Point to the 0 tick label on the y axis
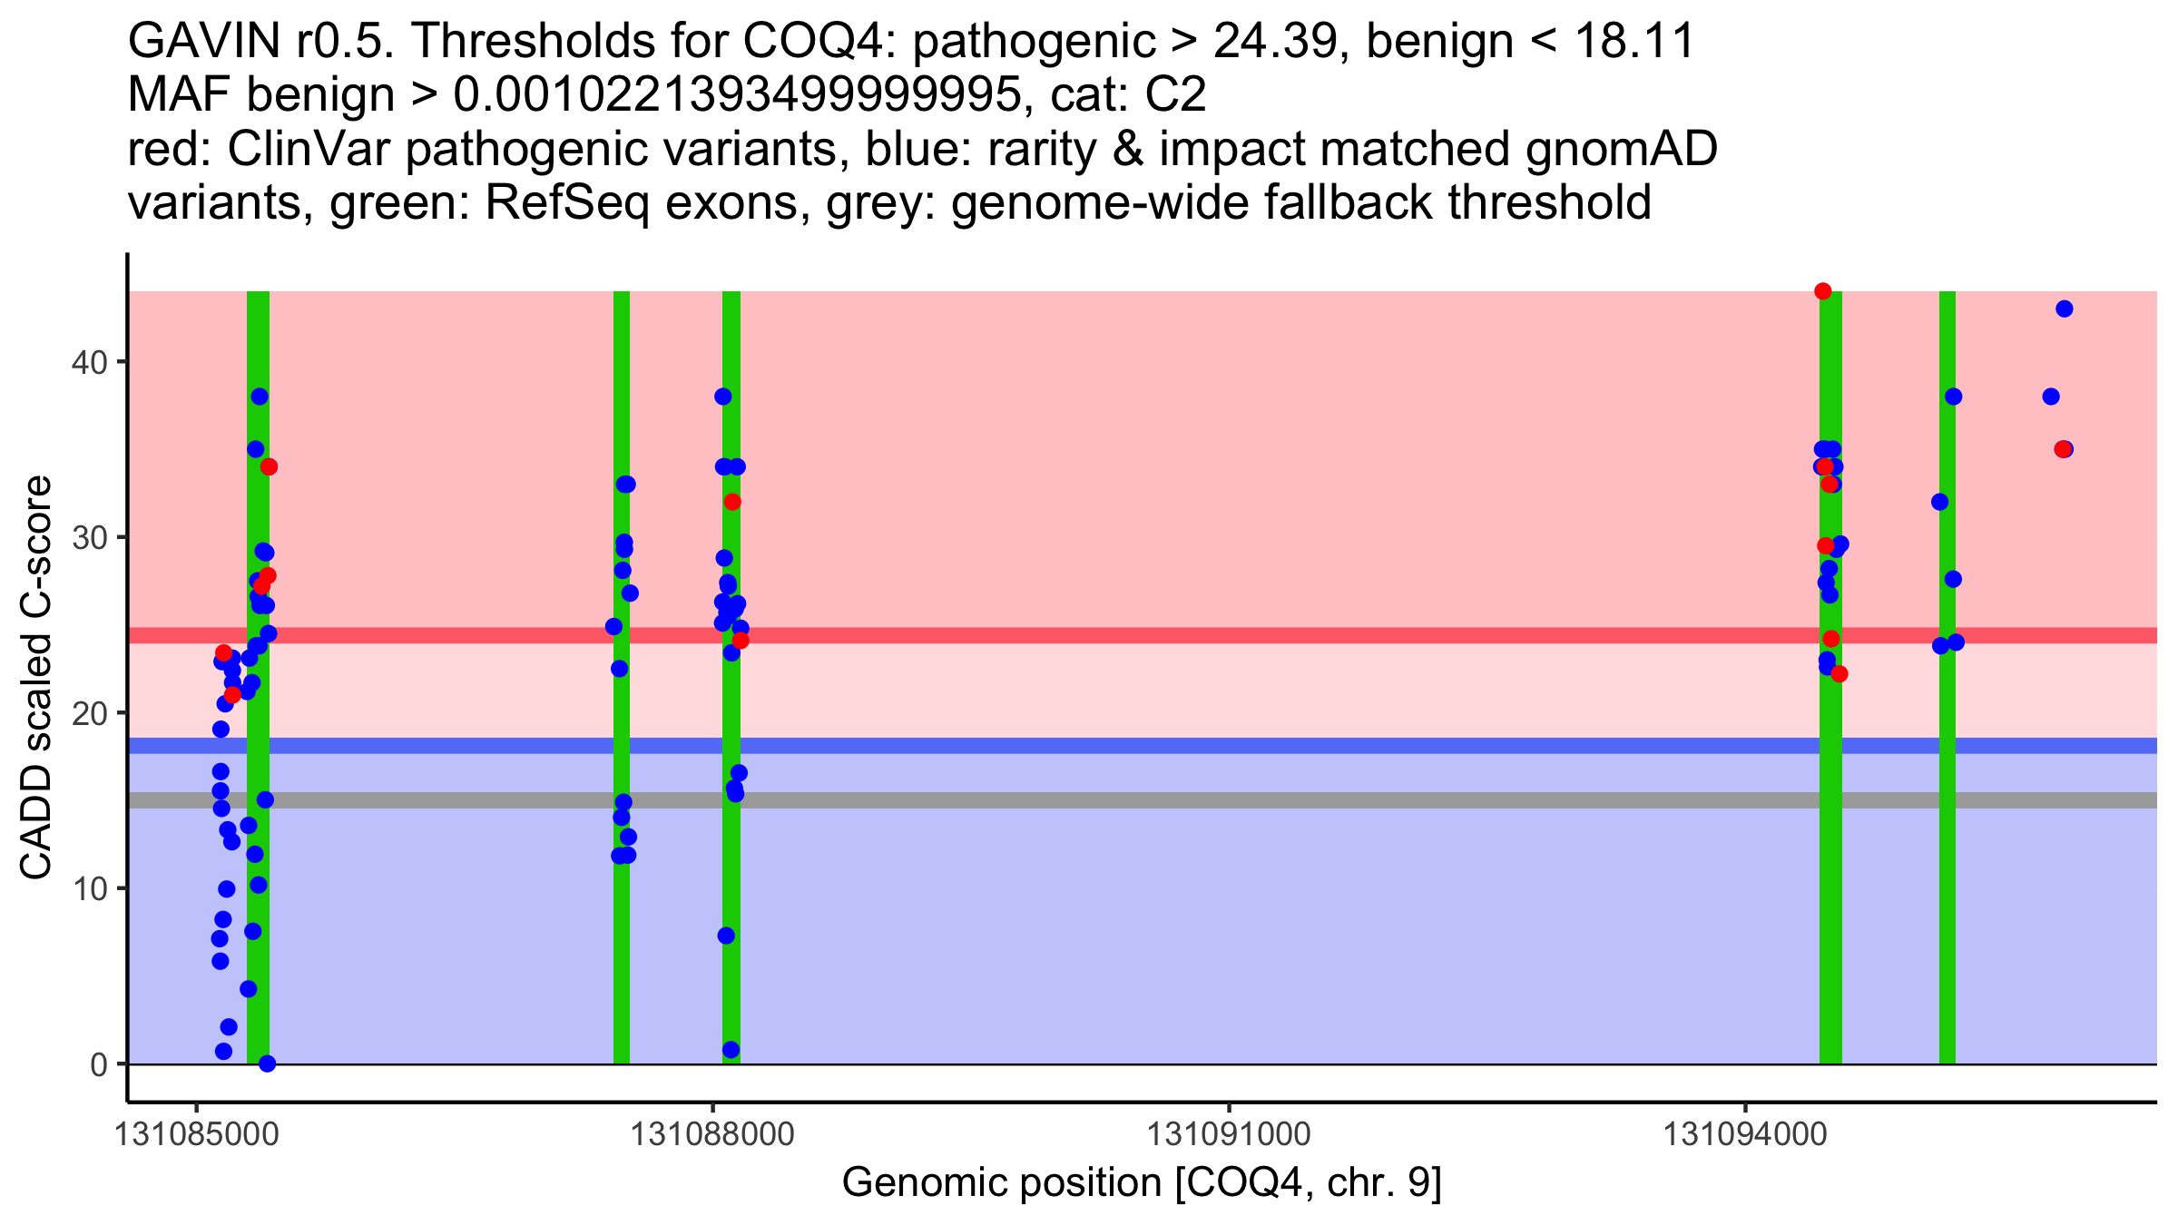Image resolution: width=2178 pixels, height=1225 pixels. (98, 1064)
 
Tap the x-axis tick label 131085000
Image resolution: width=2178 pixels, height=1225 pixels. (195, 1134)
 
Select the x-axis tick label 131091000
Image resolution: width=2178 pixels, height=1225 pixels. (1229, 1134)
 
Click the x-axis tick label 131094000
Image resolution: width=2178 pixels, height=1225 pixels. (1745, 1134)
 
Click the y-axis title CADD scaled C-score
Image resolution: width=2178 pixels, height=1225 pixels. (36, 678)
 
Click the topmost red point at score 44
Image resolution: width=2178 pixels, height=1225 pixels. (1822, 291)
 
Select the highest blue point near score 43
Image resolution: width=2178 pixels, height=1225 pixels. (2064, 309)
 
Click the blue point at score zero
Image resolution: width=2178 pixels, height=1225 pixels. (267, 1063)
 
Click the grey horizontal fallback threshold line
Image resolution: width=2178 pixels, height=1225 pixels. (1180, 800)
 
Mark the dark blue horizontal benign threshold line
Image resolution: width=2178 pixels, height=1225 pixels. (1180, 746)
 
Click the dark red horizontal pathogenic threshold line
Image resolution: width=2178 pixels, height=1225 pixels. (1180, 635)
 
